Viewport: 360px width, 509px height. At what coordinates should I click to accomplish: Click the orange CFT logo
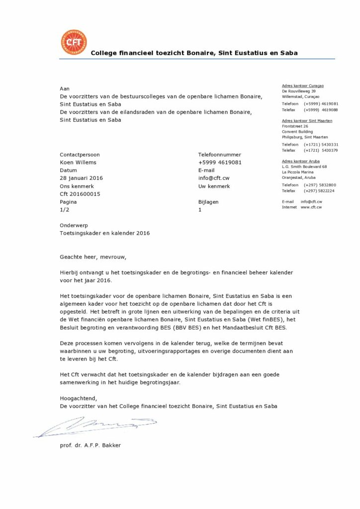tap(74, 43)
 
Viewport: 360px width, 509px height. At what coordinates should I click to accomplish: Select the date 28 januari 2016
tap(81, 178)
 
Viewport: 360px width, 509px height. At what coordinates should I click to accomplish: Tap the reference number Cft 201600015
tap(80, 194)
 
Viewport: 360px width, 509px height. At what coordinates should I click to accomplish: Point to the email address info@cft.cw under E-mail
tap(214, 178)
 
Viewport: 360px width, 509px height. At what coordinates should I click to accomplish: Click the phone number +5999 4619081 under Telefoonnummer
tap(220, 162)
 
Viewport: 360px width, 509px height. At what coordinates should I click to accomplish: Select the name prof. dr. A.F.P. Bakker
tap(90, 445)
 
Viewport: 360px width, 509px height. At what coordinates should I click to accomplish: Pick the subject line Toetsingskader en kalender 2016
tap(104, 233)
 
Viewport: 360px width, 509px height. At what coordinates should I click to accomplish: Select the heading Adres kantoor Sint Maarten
tap(307, 121)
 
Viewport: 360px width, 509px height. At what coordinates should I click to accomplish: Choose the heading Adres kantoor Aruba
tap(300, 161)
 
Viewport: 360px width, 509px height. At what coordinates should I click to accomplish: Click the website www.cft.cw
tap(311, 207)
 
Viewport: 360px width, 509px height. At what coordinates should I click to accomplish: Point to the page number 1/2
tap(64, 210)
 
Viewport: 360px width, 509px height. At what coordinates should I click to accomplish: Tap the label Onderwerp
tap(74, 225)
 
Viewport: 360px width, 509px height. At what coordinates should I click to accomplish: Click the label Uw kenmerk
tap(214, 186)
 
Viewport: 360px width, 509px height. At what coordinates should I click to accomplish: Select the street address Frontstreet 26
tap(295, 126)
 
